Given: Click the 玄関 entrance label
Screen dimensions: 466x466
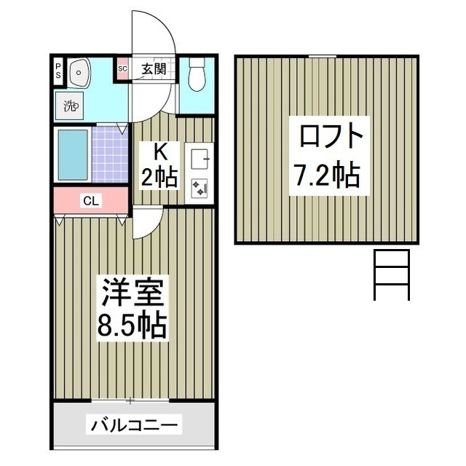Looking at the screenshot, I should [x=154, y=70].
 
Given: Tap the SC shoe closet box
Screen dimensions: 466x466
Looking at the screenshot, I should [x=122, y=69].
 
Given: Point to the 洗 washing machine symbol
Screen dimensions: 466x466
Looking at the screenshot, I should [x=71, y=106].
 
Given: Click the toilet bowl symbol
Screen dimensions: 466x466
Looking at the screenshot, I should [x=196, y=75].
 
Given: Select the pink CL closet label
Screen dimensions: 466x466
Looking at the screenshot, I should [x=91, y=200].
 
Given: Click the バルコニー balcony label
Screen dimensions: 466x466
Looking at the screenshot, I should [x=134, y=424].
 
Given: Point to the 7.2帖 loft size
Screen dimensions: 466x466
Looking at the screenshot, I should [x=327, y=175].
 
